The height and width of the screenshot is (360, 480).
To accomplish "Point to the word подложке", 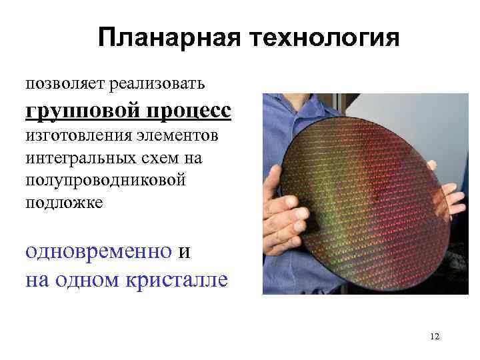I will click(64, 203).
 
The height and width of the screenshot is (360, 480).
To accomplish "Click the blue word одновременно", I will click(98, 251).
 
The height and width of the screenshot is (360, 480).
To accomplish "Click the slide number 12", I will click(435, 336).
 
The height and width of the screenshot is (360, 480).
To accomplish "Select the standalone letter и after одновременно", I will click(185, 252).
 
